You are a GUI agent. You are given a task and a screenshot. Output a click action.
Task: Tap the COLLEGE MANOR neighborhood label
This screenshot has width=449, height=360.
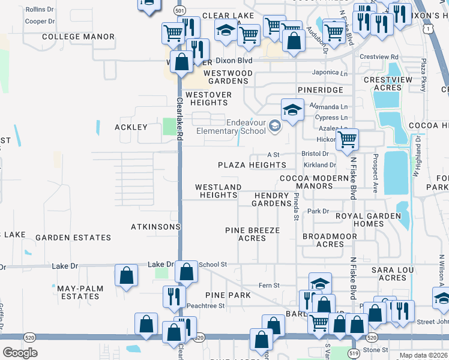click(x=79, y=37)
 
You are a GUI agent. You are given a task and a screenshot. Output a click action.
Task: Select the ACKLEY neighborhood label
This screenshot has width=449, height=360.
click(x=131, y=128)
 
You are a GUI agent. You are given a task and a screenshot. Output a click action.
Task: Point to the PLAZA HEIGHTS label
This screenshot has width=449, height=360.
click(x=252, y=165)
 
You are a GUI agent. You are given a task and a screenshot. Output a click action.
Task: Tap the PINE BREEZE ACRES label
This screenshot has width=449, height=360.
click(x=252, y=234)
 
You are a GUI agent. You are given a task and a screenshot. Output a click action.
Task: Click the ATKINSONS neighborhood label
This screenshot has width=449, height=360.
click(x=155, y=227)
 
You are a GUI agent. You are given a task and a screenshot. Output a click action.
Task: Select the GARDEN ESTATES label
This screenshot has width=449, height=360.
click(x=73, y=238)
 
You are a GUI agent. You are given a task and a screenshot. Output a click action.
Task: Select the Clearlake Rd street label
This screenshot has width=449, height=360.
click(x=178, y=120)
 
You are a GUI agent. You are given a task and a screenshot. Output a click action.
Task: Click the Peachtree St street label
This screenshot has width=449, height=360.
click(x=206, y=305)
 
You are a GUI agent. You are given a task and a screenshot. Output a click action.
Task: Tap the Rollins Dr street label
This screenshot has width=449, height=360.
click(x=40, y=9)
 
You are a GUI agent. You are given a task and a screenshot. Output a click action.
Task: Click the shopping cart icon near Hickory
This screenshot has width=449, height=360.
click(x=348, y=140)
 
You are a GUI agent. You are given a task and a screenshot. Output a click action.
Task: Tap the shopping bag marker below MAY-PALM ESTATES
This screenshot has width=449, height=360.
click(x=146, y=324)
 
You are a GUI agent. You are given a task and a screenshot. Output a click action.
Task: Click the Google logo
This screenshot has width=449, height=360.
click(x=19, y=352)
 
